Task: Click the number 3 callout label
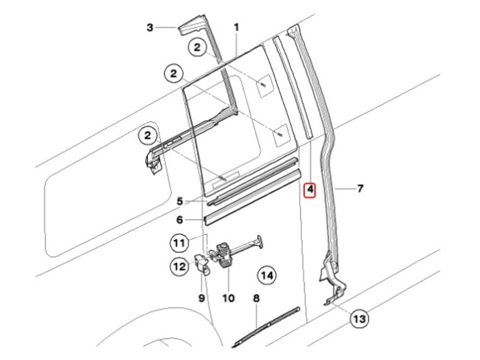coord(150,27)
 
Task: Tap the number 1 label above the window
coord(236,27)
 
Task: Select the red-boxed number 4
coord(310,190)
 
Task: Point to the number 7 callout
coord(360,189)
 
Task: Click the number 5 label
coord(180,202)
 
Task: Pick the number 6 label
coord(180,220)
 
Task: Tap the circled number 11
coord(179,243)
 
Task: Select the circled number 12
coord(180,266)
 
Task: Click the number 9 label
coord(202,298)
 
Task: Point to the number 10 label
coord(228,298)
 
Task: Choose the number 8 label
coord(256,298)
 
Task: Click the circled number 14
coord(266,276)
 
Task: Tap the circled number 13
coord(360,319)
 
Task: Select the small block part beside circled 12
coord(202,264)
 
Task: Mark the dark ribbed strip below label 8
coord(266,327)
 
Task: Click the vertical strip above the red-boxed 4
coord(293,87)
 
